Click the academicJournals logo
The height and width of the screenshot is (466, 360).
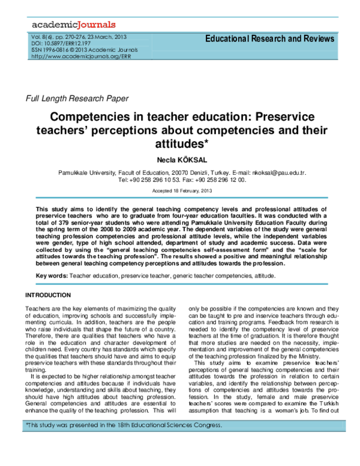tap(66, 25)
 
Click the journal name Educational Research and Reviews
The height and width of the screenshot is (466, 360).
tap(269, 39)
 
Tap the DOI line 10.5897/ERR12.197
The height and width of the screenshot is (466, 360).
tap(59, 43)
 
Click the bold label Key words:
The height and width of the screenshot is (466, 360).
tap(52, 276)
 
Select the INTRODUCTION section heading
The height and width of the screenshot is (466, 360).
tap(47, 295)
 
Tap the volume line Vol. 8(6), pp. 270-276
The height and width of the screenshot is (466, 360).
tap(59, 37)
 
